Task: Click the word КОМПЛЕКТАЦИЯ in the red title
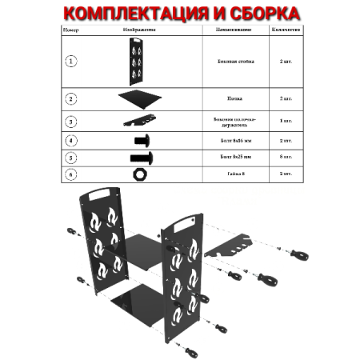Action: [126, 14]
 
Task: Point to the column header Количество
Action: [286, 29]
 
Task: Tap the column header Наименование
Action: [234, 29]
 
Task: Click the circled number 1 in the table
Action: [72, 61]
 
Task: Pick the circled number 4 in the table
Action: [72, 141]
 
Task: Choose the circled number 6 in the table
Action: [72, 173]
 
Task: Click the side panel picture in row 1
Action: [133, 61]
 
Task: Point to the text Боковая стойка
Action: [234, 61]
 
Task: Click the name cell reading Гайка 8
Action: [234, 173]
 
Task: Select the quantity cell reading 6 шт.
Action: [286, 157]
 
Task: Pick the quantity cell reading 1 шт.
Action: [286, 121]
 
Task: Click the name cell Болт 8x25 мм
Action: [234, 157]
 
